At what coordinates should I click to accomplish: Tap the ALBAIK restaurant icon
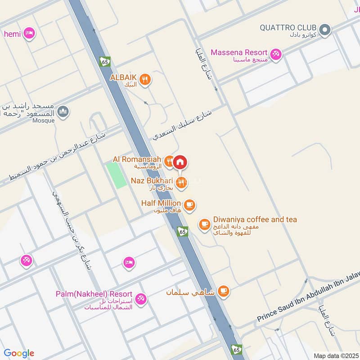[145, 80]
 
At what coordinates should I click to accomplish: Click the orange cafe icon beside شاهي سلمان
[223, 291]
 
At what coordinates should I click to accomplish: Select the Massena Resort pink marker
[276, 54]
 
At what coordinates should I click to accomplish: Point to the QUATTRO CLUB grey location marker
[325, 30]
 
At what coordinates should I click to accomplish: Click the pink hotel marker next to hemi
[29, 33]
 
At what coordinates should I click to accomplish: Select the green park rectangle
[117, 175]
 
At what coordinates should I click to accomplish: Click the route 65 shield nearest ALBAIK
[105, 62]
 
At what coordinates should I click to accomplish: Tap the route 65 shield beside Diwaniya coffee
[182, 231]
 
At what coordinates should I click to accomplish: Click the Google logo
[19, 353]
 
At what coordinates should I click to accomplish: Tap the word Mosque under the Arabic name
[44, 121]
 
